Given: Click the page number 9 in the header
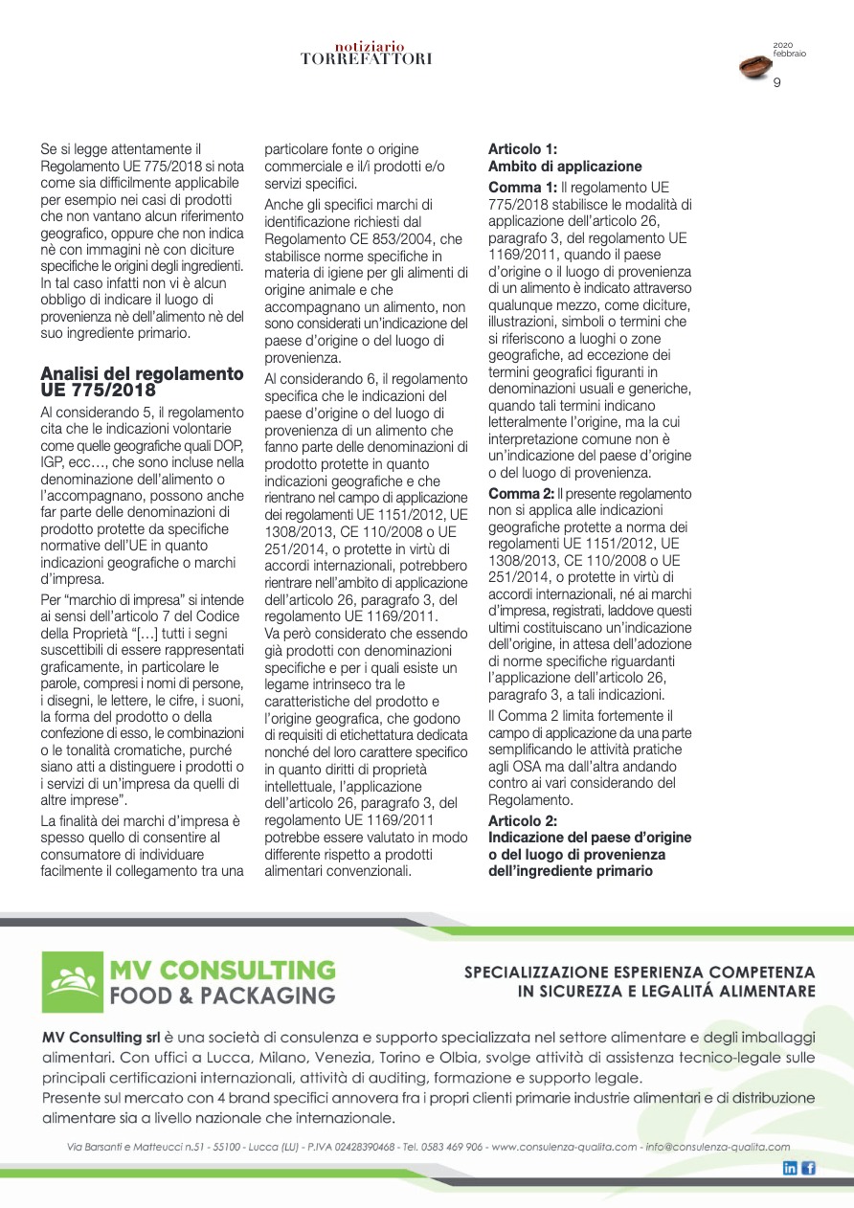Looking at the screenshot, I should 777,83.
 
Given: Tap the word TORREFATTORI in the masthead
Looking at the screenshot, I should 366,59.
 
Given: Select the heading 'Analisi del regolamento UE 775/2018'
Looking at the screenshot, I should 142,381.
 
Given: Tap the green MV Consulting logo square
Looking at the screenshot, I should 72,978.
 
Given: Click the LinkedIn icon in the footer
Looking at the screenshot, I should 790,1168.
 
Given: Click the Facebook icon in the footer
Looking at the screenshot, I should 808,1168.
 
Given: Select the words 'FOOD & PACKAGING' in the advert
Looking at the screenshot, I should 222,995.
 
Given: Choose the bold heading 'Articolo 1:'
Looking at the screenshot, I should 523,149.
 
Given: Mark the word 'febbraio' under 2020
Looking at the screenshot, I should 789,54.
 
